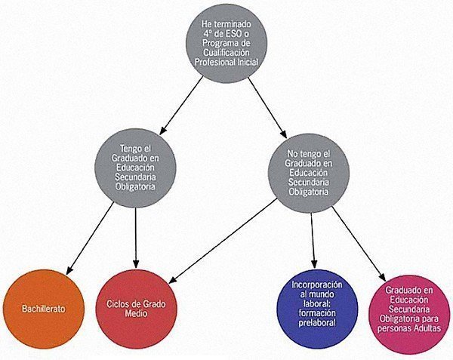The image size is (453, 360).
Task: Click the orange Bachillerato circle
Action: pos(44,309)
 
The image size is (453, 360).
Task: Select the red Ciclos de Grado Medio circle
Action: pos(136,309)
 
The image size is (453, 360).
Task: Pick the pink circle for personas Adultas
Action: pos(409,314)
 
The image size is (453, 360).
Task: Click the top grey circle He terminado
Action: pos(226,43)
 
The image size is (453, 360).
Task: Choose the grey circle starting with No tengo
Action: pos(309,173)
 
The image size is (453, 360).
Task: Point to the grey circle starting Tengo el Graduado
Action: pos(135,168)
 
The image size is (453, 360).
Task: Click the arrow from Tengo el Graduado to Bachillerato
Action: pos(90,238)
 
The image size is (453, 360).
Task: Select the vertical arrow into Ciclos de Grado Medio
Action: pos(135,238)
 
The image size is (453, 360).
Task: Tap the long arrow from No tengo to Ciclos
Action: pos(223,241)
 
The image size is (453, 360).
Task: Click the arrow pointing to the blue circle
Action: pos(313,241)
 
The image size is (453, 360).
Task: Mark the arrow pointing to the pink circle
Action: pos(359,244)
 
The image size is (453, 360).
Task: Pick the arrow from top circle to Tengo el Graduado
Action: pos(181,106)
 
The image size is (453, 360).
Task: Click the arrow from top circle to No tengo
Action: pos(267,108)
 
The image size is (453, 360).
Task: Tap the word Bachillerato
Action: pos(44,309)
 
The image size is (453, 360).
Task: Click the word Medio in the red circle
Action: pos(136,313)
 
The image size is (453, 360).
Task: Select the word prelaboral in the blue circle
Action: pos(317,322)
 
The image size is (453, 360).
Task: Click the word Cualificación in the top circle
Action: pos(226,53)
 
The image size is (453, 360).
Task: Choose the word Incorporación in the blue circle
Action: pos(317,285)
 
